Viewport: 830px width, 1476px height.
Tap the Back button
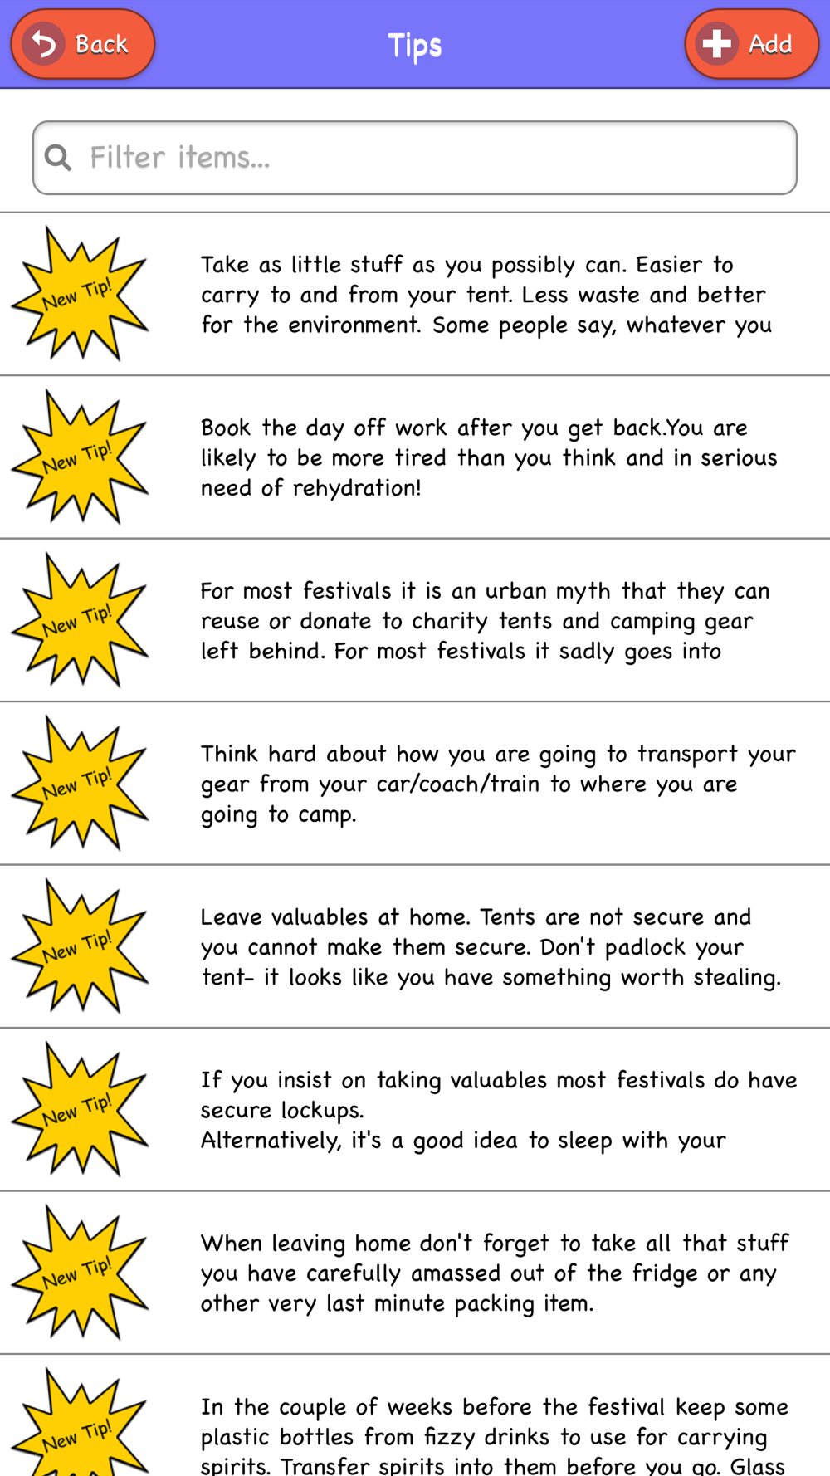pyautogui.click(x=83, y=44)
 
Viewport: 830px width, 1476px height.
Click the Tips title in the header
pyautogui.click(x=414, y=45)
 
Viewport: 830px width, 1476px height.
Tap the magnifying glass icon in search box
pyautogui.click(x=58, y=157)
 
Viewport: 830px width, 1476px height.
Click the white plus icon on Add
pyautogui.click(x=716, y=44)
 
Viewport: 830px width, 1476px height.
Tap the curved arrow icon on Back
pyautogui.click(x=43, y=44)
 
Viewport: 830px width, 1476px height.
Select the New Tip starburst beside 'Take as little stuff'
pyautogui.click(x=80, y=294)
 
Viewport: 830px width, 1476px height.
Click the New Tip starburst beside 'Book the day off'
pyautogui.click(x=80, y=457)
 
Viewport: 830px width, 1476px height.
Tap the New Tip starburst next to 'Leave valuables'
pyautogui.click(x=80, y=946)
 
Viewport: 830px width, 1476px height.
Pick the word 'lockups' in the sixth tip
pyautogui.click(x=322, y=1111)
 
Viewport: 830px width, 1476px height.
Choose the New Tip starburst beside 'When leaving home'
pyautogui.click(x=80, y=1273)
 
